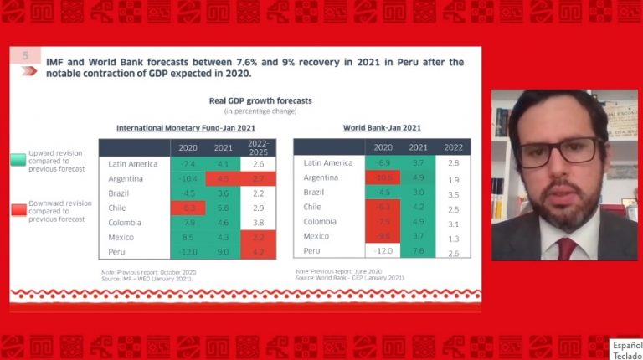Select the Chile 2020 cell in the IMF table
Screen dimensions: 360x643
(x=189, y=208)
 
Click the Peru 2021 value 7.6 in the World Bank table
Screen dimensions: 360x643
(x=418, y=250)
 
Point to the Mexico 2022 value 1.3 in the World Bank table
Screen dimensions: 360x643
(x=454, y=237)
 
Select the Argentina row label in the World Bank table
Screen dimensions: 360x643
(x=320, y=178)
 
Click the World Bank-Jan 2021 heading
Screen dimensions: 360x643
(x=382, y=128)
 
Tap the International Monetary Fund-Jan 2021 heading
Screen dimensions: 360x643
(x=187, y=128)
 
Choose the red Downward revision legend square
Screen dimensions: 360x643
(x=18, y=210)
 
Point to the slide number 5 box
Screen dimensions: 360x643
(x=25, y=56)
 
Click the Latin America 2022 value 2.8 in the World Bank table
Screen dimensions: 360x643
(x=454, y=162)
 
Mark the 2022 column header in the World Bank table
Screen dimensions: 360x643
(x=454, y=147)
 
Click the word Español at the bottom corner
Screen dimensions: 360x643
(x=626, y=345)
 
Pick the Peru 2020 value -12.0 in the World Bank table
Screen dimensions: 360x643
(x=382, y=250)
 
